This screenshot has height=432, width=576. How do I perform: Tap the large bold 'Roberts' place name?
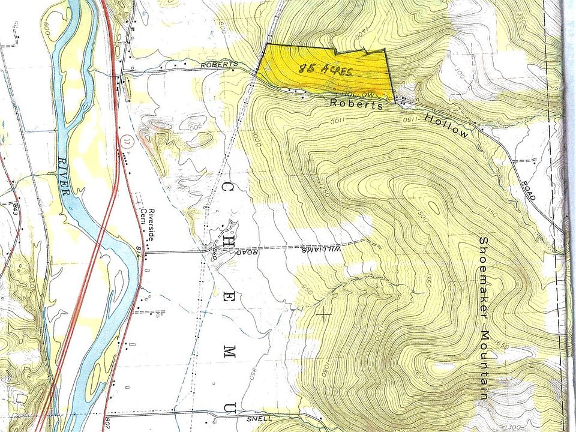356,104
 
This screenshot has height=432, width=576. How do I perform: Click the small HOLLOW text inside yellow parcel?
358,94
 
